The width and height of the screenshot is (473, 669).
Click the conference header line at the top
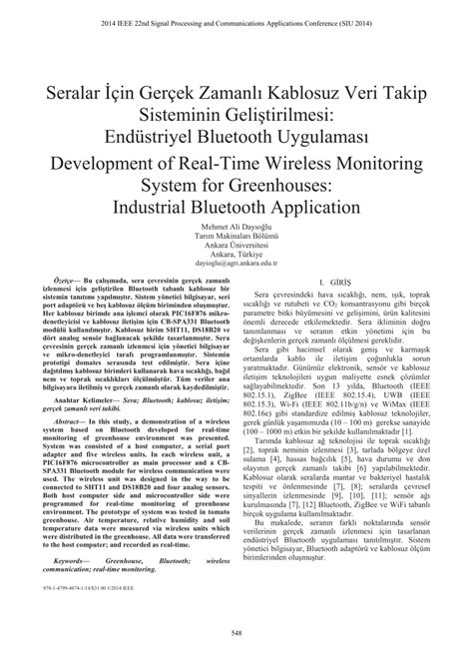(236, 17)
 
